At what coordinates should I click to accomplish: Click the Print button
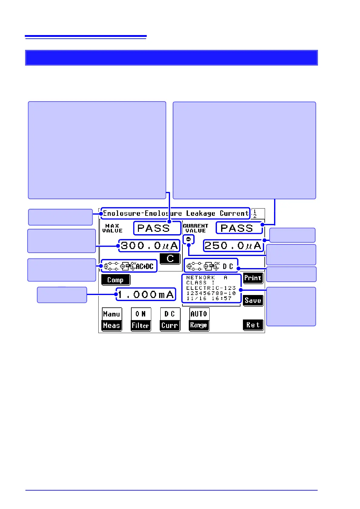tap(253, 278)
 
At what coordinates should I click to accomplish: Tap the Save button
tap(253, 300)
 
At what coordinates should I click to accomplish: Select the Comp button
tap(116, 280)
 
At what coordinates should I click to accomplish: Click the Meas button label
tap(112, 326)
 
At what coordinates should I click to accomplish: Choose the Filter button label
tap(141, 326)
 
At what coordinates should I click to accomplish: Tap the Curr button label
tap(170, 326)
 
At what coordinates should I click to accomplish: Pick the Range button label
tap(199, 325)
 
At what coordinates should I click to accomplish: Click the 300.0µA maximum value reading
tap(149, 246)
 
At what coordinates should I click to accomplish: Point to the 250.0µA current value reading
tap(233, 246)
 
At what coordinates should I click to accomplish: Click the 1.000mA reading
tap(146, 294)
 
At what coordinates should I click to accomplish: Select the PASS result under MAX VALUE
tap(154, 228)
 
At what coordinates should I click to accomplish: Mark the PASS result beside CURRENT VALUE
tap(237, 228)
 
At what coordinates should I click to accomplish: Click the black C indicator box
tap(170, 259)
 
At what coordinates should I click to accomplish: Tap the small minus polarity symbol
tap(188, 239)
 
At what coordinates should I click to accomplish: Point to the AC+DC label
tap(145, 266)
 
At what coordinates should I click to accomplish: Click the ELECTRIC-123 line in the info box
tap(211, 288)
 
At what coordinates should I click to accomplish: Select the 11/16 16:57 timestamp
tap(209, 298)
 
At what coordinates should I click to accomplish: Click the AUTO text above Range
tap(199, 314)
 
